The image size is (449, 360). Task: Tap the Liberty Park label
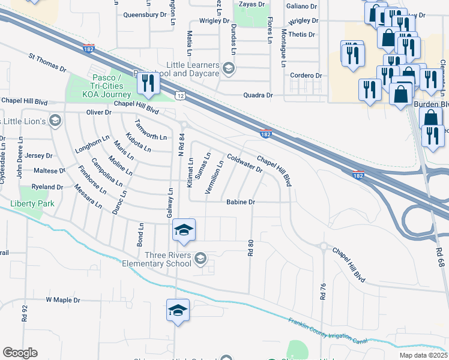tap(32, 204)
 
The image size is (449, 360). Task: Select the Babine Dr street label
tap(241, 203)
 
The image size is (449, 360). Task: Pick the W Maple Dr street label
tap(62, 299)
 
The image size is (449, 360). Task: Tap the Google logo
tap(20, 353)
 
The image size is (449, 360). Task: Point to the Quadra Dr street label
tap(258, 95)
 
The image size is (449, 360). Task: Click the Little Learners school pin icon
tap(228, 69)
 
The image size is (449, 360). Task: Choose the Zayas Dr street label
tap(252, 4)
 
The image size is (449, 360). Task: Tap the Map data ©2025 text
tap(422, 355)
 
